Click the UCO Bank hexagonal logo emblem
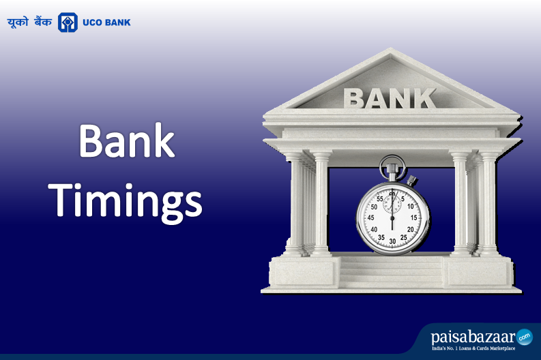point(68,22)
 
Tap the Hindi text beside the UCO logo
point(31,22)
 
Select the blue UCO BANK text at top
point(106,22)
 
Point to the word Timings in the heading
point(128,198)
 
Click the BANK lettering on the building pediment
point(390,97)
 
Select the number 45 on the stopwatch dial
point(370,217)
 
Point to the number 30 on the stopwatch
point(392,240)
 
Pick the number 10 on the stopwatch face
point(411,205)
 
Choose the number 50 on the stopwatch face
point(373,205)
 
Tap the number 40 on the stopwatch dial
point(374,229)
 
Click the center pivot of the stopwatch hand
point(392,218)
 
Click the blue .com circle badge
point(524,335)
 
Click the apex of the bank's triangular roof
point(390,50)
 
